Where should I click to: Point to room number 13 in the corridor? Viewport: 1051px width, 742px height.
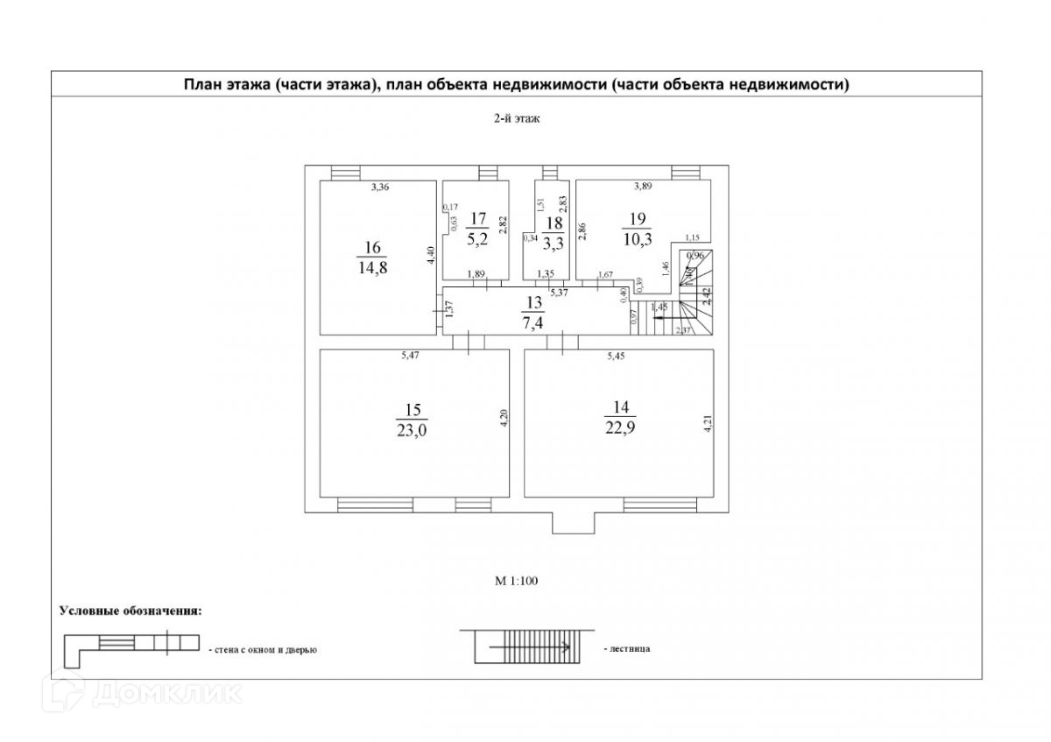click(533, 303)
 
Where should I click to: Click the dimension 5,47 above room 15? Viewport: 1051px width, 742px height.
click(409, 357)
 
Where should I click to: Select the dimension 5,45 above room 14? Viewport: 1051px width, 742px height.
click(619, 357)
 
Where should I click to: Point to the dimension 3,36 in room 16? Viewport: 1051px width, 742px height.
click(379, 187)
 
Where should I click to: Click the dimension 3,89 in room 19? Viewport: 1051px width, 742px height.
click(643, 186)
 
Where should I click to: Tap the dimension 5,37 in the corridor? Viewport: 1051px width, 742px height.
click(559, 293)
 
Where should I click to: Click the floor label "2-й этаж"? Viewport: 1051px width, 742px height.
click(515, 120)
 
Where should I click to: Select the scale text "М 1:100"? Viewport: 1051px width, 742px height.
click(517, 580)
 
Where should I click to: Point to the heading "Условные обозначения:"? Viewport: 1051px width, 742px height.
click(130, 610)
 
